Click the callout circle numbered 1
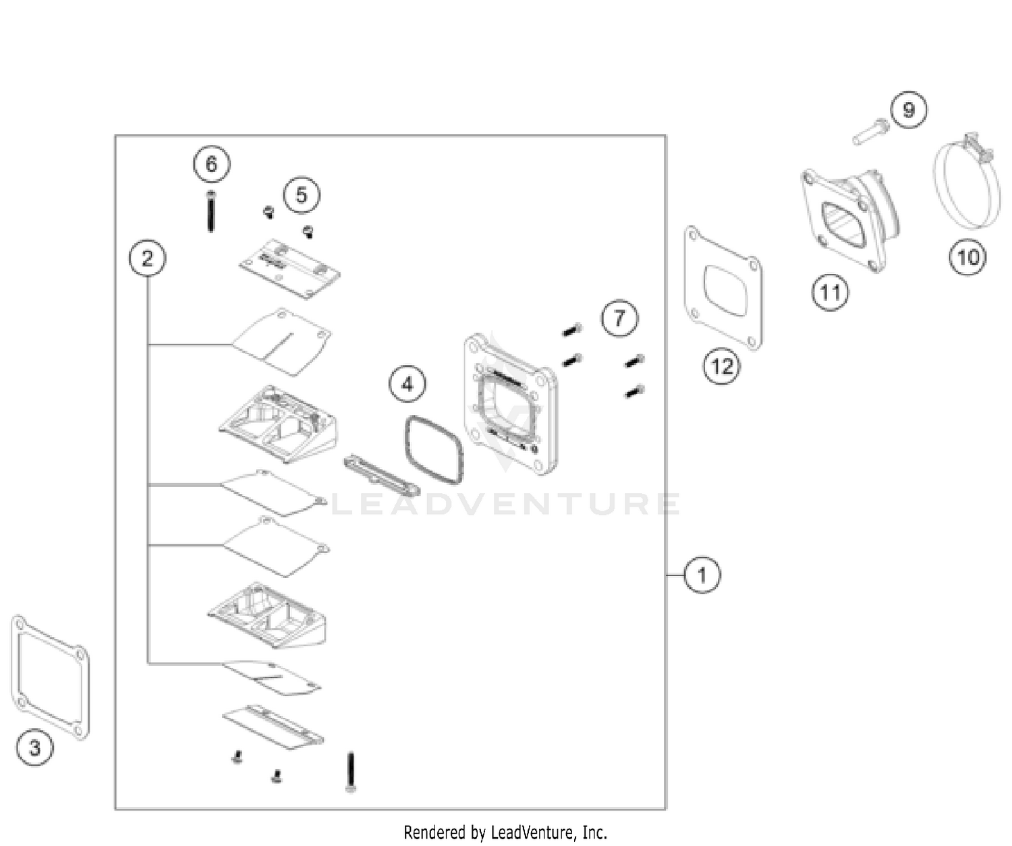coord(702,575)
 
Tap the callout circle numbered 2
coord(147,258)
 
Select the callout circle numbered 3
coord(35,748)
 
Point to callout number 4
coord(407,385)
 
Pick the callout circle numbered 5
coord(302,195)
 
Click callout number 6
coord(211,164)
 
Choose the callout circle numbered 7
coord(619,318)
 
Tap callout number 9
coord(909,110)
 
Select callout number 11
coord(831,292)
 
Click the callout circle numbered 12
coord(722,366)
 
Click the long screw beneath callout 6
coord(210,211)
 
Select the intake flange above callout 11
coord(851,219)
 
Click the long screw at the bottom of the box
coord(351,772)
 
